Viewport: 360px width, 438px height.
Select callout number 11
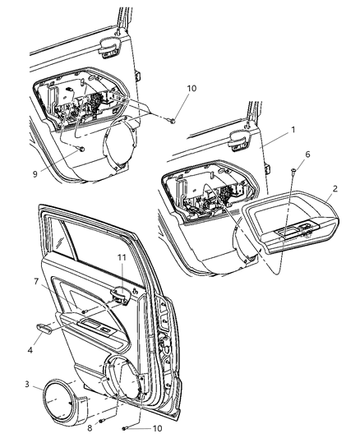tap(122, 257)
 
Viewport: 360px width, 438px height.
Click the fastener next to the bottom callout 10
tap(124, 426)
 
